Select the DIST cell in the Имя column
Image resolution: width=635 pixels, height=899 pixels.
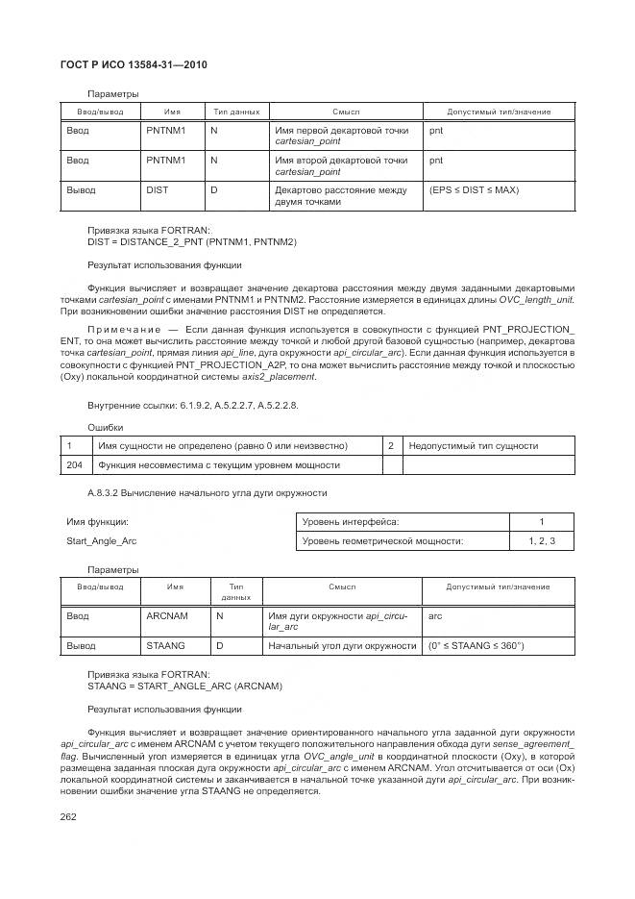(x=157, y=190)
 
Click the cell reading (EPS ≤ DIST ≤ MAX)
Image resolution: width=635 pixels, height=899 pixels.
(x=474, y=190)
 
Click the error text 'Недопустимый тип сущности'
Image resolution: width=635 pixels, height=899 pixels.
(x=473, y=446)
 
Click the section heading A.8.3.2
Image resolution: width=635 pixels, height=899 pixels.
(x=207, y=493)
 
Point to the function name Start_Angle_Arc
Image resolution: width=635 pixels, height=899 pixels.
(x=101, y=541)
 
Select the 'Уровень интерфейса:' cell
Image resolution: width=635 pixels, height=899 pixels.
(x=350, y=521)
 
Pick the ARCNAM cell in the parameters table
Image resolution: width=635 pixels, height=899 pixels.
(x=167, y=615)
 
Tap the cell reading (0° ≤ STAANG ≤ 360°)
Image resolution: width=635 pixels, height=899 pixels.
(x=476, y=645)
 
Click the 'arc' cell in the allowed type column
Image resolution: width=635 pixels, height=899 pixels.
(x=435, y=615)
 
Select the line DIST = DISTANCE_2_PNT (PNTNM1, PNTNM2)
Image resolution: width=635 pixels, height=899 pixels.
(x=179, y=241)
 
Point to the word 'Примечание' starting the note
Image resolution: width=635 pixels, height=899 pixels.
(x=118, y=330)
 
